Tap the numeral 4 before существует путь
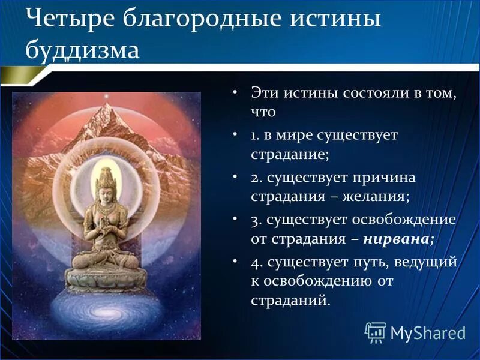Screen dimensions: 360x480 click(254, 262)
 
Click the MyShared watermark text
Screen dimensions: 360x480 click(428, 332)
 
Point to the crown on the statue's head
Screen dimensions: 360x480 click(106, 175)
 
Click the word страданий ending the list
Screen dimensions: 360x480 click(290, 299)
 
